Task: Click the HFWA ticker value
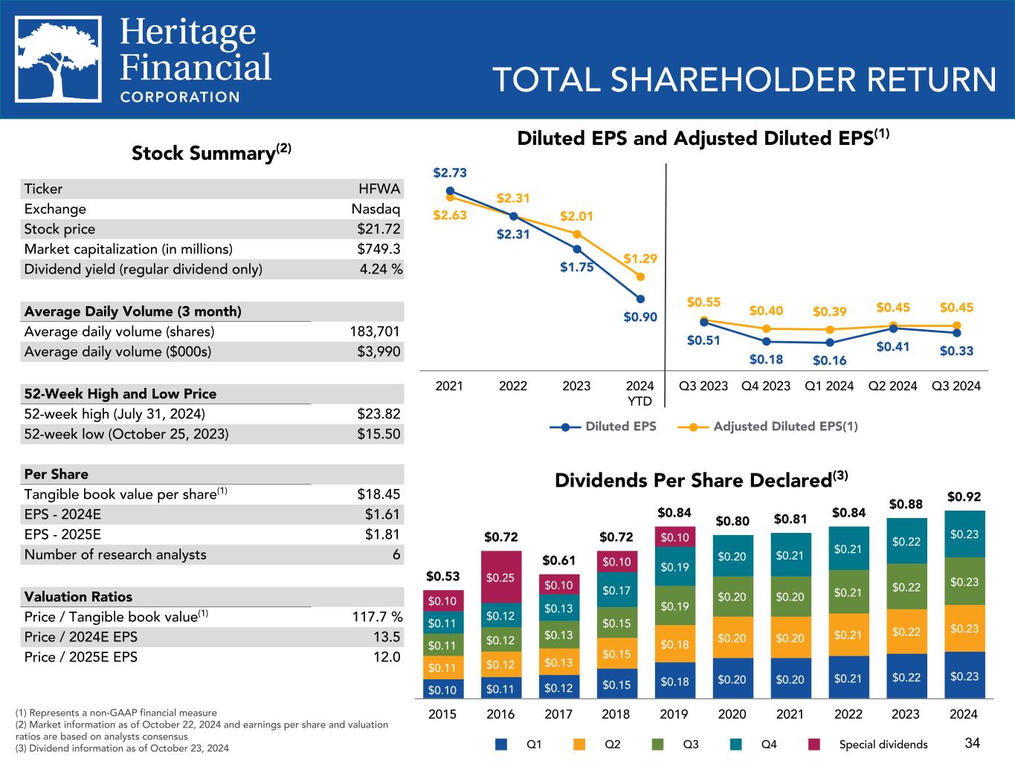[379, 189]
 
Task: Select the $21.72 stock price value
[378, 229]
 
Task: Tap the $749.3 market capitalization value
[378, 249]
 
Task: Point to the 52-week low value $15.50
[378, 434]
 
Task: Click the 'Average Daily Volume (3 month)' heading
[132, 311]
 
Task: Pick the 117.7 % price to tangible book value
[376, 617]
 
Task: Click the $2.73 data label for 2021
[450, 173]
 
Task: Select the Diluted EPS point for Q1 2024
[830, 343]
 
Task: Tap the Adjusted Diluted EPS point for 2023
[577, 234]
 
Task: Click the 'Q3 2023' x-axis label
[703, 386]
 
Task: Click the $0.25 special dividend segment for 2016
[500, 577]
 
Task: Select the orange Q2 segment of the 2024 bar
[964, 629]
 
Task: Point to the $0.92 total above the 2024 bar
[964, 496]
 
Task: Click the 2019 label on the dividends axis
[674, 714]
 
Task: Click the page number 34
[973, 742]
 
